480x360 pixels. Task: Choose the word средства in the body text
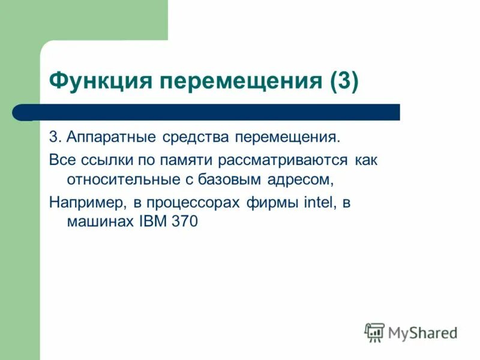pyautogui.click(x=195, y=137)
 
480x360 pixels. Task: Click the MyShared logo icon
pyautogui.click(x=374, y=332)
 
